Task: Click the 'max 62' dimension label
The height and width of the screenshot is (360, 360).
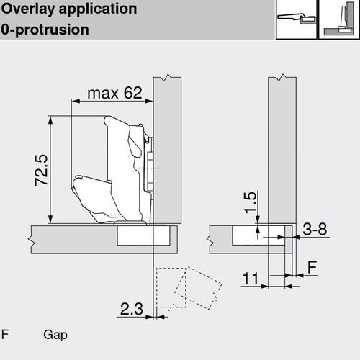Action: [114, 93]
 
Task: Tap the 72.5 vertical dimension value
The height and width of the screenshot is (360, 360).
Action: [41, 170]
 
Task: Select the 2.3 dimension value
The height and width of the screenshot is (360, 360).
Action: [132, 309]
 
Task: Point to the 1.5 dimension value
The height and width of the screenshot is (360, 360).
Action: [250, 202]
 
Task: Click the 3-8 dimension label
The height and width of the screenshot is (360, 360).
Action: [315, 229]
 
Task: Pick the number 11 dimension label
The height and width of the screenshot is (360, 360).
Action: [251, 279]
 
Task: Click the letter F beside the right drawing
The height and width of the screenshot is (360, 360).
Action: [312, 267]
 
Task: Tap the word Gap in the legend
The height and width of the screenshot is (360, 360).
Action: [55, 335]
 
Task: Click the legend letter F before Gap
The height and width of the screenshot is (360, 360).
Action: [5, 334]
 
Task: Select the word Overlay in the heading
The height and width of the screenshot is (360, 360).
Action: [28, 9]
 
